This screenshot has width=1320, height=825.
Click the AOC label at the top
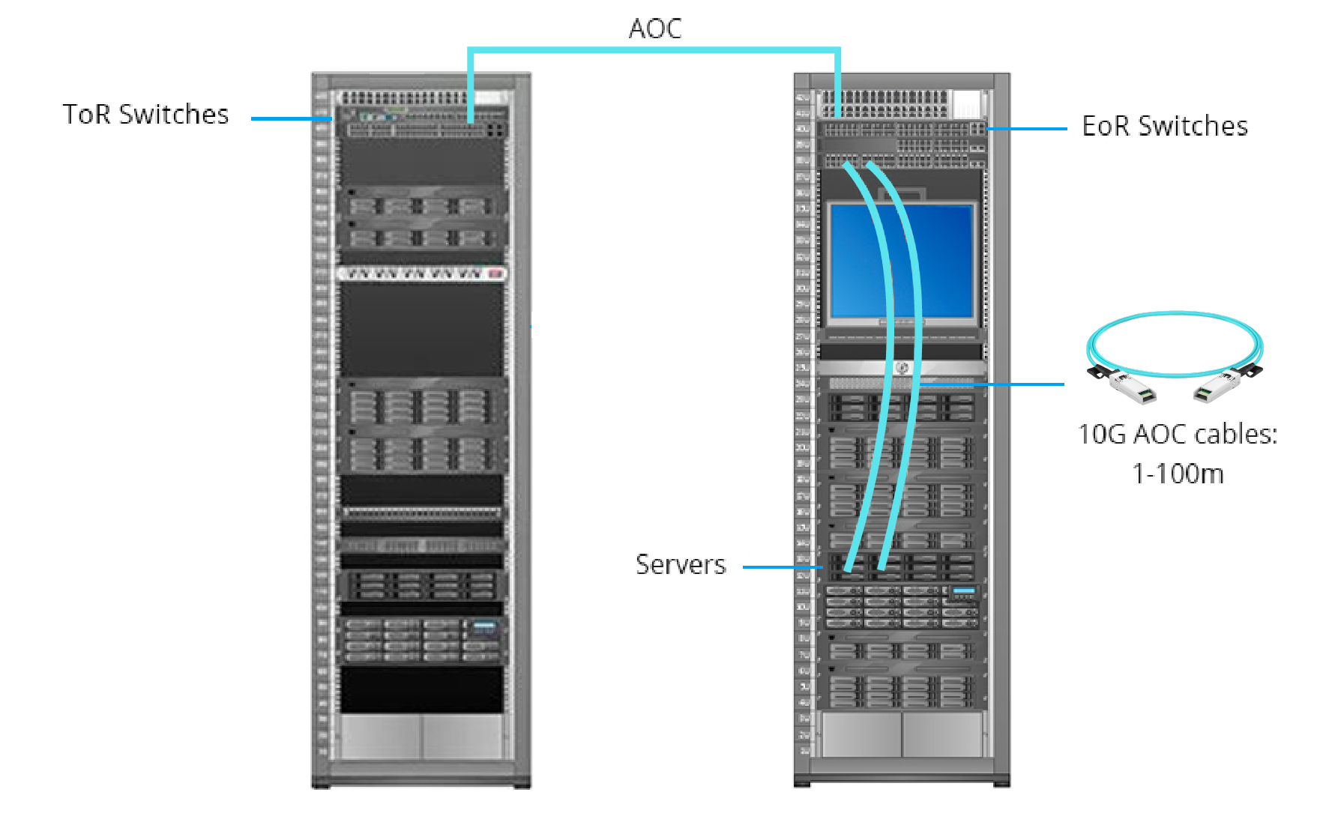click(x=654, y=28)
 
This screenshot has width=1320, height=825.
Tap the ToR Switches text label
click(x=145, y=115)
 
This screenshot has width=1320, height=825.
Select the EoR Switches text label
click(x=1165, y=126)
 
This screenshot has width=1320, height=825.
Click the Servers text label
click(x=681, y=564)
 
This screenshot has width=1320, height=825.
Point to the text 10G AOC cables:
click(x=1177, y=435)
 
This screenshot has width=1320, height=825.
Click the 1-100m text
click(x=1178, y=474)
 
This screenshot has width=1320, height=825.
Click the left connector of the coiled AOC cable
click(x=1127, y=385)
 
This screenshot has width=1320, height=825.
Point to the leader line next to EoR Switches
click(x=1027, y=129)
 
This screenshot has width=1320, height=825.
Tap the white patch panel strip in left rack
click(x=422, y=274)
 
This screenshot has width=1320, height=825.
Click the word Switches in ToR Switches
click(x=173, y=115)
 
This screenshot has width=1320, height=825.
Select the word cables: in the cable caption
click(x=1236, y=435)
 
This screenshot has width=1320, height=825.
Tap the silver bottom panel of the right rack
click(x=902, y=734)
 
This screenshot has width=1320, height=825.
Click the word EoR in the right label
click(x=1105, y=126)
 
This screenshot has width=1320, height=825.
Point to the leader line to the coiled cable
click(x=997, y=384)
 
